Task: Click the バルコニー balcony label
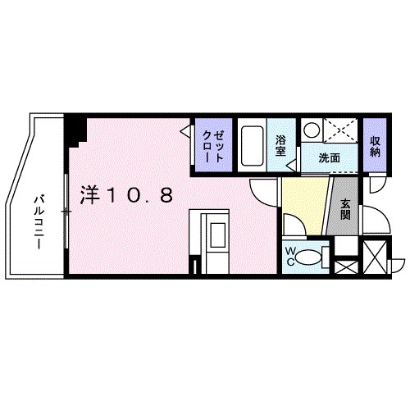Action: click(x=39, y=212)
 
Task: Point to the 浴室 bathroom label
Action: click(x=280, y=145)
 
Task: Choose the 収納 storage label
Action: click(x=376, y=145)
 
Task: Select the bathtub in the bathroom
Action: click(x=253, y=145)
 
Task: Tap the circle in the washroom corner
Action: click(x=312, y=130)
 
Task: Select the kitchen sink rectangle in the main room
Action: click(x=215, y=237)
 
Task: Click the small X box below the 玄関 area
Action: click(x=346, y=266)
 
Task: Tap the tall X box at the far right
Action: click(x=376, y=257)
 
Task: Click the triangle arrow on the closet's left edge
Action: click(x=187, y=130)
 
